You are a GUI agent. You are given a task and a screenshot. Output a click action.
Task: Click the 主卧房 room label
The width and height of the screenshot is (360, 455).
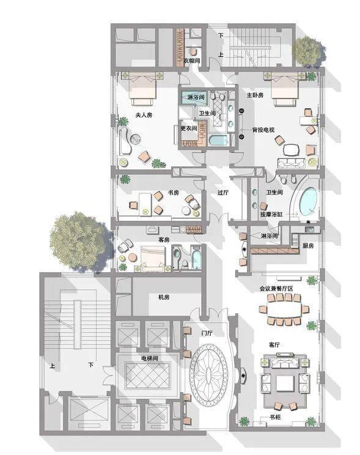(255, 95)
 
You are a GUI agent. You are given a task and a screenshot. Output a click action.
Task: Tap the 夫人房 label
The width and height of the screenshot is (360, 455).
(144, 115)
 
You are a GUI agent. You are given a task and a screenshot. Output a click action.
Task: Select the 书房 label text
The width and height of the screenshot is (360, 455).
(173, 193)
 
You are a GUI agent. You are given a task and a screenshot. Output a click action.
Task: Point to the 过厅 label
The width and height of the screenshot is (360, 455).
(223, 193)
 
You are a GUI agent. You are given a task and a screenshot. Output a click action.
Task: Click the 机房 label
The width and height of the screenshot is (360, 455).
(164, 297)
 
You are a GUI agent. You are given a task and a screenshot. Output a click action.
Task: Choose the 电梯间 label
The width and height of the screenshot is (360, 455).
(150, 358)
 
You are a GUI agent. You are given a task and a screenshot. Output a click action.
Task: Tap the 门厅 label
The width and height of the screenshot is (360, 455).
(207, 333)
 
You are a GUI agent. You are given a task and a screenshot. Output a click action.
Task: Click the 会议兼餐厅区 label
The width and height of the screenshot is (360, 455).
(276, 289)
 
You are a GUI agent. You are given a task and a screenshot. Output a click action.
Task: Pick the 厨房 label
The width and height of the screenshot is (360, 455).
(308, 246)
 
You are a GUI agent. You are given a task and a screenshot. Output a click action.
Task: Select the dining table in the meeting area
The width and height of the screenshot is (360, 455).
(285, 309)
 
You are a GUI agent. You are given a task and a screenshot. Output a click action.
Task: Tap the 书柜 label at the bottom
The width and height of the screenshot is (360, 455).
(274, 417)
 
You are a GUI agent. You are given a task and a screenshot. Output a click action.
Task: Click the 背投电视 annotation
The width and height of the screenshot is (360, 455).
(263, 130)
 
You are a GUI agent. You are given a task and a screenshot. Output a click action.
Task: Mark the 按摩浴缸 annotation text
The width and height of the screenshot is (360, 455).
(271, 215)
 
